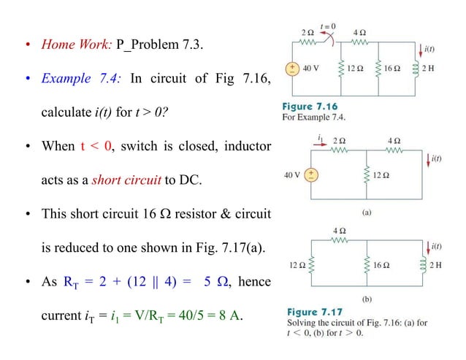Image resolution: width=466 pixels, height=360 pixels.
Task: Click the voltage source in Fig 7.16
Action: pos(291,69)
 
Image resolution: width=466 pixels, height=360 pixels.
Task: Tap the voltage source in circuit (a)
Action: pos(311,175)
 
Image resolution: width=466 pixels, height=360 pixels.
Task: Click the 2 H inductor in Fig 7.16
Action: pos(416,69)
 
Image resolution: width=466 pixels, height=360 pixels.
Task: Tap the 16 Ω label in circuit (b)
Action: pos(392,264)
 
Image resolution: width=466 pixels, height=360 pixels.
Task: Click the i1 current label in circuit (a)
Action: pos(319,137)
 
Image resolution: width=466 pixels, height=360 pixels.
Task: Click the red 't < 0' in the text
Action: pos(97,147)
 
